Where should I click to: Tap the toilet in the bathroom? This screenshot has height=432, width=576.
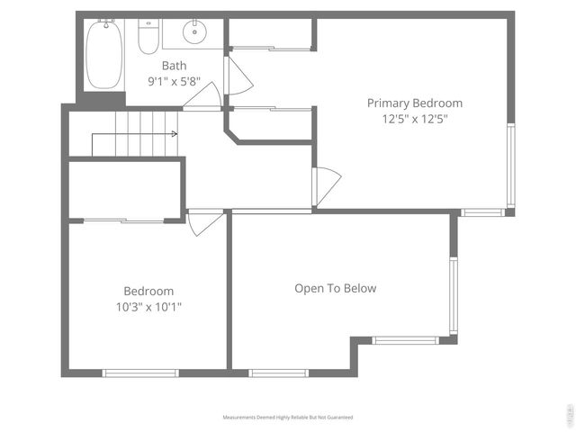(x=148, y=37)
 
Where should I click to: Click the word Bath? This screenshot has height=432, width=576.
(x=174, y=66)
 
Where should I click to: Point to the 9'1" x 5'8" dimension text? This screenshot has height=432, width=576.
(x=174, y=81)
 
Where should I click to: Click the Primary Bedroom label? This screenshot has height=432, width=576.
(x=414, y=103)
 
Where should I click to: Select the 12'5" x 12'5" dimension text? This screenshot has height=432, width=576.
(x=414, y=118)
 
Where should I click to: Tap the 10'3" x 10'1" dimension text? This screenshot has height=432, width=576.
(x=148, y=307)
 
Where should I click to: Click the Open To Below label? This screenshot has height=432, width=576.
(x=335, y=289)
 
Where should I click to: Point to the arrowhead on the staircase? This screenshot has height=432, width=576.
(x=174, y=134)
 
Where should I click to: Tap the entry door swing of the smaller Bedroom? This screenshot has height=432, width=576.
(x=206, y=223)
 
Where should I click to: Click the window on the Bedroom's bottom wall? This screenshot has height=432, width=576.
(x=140, y=373)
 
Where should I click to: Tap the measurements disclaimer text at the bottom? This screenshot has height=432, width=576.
(x=288, y=418)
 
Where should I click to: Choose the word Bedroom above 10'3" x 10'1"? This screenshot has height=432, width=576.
(x=148, y=292)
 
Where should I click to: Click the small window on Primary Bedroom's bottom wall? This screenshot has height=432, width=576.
(x=483, y=212)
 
